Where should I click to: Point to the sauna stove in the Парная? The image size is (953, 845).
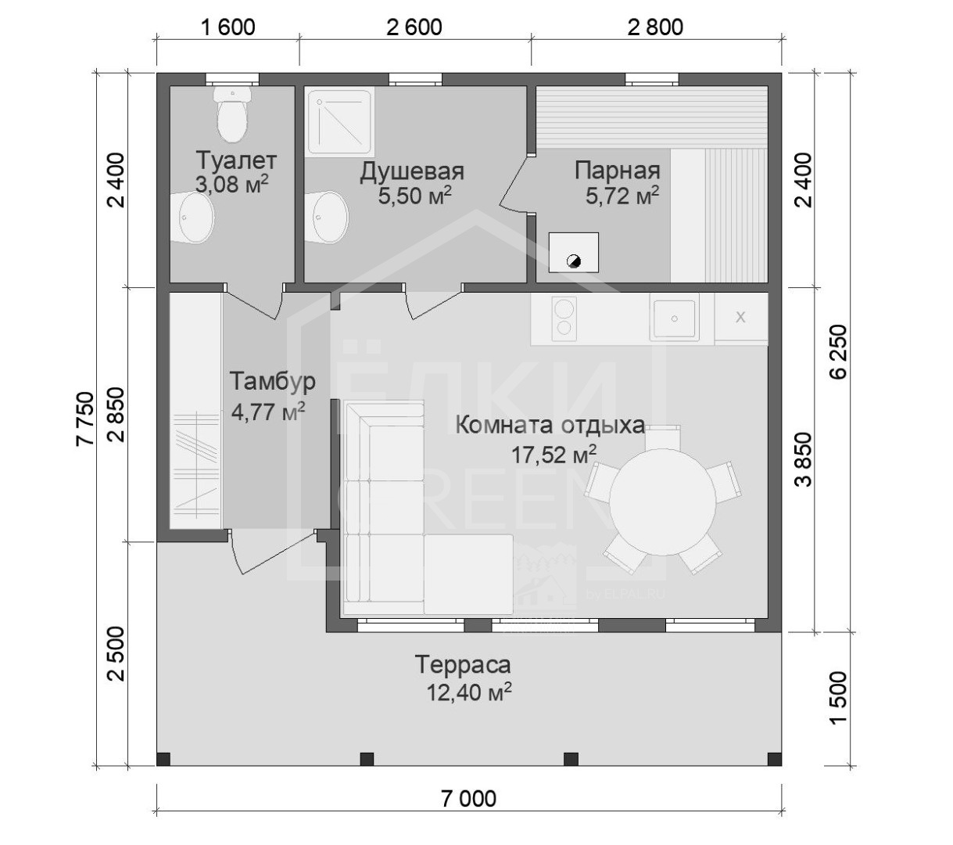point(573,252)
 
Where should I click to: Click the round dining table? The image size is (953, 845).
point(662,502)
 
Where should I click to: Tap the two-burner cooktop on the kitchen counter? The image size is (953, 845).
point(564,318)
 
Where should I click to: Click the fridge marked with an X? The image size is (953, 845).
point(741,318)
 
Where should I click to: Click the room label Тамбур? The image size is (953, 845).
point(272,381)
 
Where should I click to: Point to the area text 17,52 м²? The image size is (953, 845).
point(554,455)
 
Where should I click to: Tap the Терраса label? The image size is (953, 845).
point(463,664)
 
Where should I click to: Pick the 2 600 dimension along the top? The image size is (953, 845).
point(414,27)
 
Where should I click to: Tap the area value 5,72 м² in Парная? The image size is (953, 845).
point(622,196)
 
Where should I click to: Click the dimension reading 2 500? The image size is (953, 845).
point(116,653)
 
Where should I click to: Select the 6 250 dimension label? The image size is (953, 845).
point(838,351)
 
